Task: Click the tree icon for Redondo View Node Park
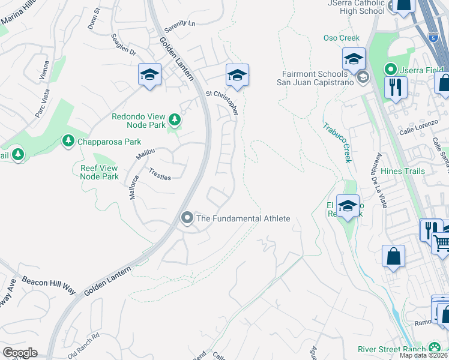pyautogui.click(x=175, y=120)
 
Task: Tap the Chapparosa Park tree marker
pyautogui.click(x=67, y=141)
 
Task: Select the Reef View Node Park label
pyautogui.click(x=100, y=172)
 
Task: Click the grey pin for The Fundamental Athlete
pyautogui.click(x=187, y=218)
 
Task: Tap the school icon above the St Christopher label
pyautogui.click(x=237, y=76)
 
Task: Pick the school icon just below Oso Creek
pyautogui.click(x=354, y=59)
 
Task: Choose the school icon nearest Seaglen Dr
pyautogui.click(x=149, y=75)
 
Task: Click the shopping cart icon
pyautogui.click(x=442, y=243)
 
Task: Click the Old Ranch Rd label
pyautogui.click(x=83, y=346)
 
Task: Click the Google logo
pyautogui.click(x=20, y=352)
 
